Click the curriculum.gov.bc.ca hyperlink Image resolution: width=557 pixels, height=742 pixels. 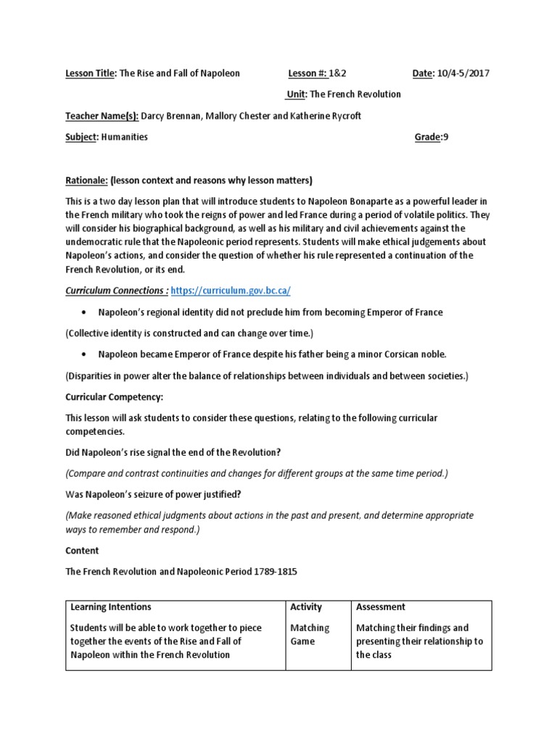click(231, 290)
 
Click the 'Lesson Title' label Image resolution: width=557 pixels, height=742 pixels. click(90, 74)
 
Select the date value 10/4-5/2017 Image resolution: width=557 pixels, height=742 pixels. click(463, 74)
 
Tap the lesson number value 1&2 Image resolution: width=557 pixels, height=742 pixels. click(337, 74)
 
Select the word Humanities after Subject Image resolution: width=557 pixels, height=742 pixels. click(123, 137)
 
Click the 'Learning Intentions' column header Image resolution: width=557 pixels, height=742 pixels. click(111, 607)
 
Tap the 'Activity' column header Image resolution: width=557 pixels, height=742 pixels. click(305, 607)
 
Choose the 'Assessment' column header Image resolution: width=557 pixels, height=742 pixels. click(381, 607)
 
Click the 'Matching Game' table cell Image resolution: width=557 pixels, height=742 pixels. click(310, 635)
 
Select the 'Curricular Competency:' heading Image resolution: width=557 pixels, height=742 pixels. click(114, 398)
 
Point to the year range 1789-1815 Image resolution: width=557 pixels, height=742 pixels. click(273, 572)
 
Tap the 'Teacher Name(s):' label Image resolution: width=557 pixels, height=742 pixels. click(102, 116)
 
